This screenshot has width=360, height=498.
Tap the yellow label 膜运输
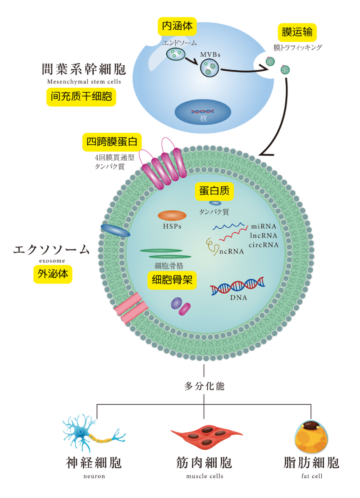click(297, 32)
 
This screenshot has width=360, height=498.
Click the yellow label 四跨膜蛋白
click(111, 142)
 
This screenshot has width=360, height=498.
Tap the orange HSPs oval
click(172, 215)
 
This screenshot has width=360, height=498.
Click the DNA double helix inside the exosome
click(237, 285)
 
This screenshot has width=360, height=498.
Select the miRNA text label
click(264, 226)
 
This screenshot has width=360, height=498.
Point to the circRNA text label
click(264, 245)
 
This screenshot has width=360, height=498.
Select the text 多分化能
click(204, 386)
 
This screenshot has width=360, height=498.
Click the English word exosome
click(52, 260)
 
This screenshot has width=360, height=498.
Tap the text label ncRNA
click(232, 251)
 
